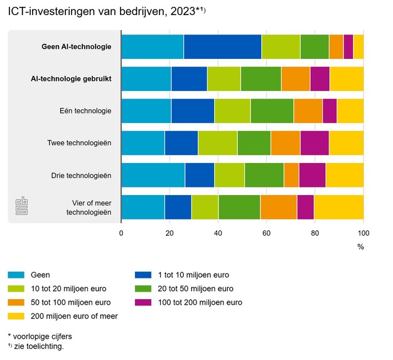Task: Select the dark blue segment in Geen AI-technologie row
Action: (x=223, y=47)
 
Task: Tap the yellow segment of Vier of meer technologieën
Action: (x=338, y=207)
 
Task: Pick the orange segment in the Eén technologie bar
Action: (x=308, y=111)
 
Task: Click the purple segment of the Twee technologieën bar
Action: (x=314, y=143)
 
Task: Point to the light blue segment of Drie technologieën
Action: (x=153, y=175)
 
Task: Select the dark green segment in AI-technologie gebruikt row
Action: (x=261, y=79)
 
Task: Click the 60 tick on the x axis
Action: (x=267, y=232)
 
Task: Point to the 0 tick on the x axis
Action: (x=121, y=232)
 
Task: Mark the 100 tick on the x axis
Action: (x=363, y=232)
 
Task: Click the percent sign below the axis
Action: (x=360, y=246)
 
